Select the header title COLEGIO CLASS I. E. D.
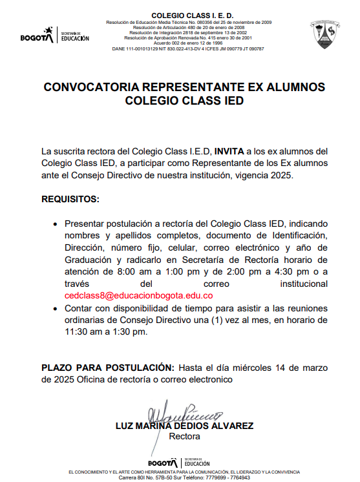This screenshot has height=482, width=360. pyautogui.click(x=184, y=16)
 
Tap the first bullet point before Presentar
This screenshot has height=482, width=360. pyautogui.click(x=54, y=223)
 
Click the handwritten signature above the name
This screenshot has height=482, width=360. pyautogui.click(x=184, y=414)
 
